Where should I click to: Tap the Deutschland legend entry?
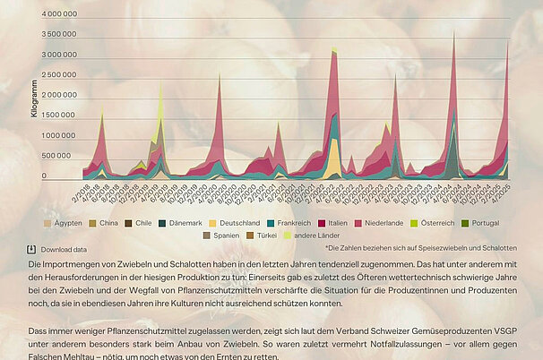(x=236, y=221)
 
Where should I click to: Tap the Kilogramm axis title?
(x=10, y=96)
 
